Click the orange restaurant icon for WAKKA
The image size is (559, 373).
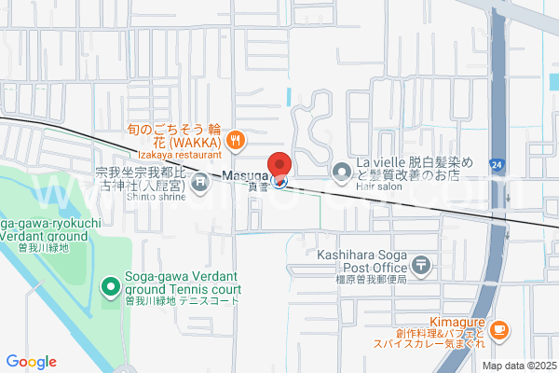[237, 140]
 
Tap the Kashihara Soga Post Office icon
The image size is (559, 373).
[422, 267]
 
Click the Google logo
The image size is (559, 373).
[31, 362]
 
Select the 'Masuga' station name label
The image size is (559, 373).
[246, 175]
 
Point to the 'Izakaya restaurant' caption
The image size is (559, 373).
[178, 155]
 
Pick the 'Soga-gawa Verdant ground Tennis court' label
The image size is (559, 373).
[183, 283]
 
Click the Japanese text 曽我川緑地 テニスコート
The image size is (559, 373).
[183, 302]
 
